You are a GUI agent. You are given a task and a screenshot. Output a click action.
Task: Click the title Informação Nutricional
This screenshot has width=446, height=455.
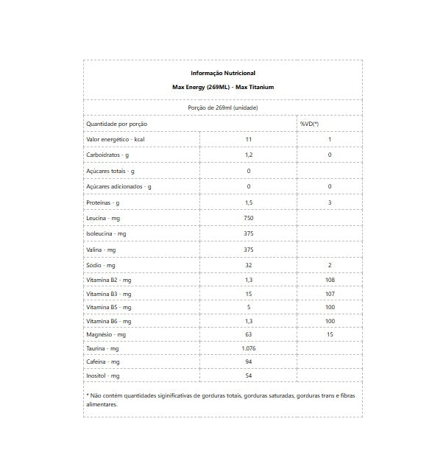pyautogui.click(x=223, y=73)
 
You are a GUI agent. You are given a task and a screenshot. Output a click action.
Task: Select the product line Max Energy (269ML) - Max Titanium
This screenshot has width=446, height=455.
pyautogui.click(x=223, y=87)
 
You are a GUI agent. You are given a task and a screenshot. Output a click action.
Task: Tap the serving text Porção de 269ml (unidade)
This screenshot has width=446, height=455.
pyautogui.click(x=223, y=107)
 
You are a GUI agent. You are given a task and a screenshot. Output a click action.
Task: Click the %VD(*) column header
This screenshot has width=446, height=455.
pyautogui.click(x=309, y=124)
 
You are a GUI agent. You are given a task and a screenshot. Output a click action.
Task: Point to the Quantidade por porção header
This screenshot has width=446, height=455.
pyautogui.click(x=117, y=124)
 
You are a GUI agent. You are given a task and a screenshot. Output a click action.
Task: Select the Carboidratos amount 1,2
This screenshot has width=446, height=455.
pyautogui.click(x=249, y=155)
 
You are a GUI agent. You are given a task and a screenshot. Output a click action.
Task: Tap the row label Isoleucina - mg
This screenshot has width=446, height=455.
pyautogui.click(x=107, y=233)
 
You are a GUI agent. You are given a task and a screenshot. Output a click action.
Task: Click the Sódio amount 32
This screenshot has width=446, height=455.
pyautogui.click(x=249, y=265)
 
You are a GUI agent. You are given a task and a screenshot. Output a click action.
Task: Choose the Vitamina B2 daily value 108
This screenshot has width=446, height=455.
pyautogui.click(x=330, y=281)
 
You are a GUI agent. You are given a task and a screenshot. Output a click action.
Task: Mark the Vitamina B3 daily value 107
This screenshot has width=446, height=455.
pyautogui.click(x=330, y=294)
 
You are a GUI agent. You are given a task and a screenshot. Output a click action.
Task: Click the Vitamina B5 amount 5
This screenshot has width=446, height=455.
pyautogui.click(x=249, y=307)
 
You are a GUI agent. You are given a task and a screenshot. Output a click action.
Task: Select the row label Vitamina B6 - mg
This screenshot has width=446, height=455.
pyautogui.click(x=109, y=321)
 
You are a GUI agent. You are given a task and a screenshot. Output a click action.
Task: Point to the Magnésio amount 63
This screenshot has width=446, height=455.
pyautogui.click(x=249, y=335)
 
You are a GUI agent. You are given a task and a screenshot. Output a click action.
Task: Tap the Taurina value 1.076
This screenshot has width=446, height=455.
pyautogui.click(x=249, y=348)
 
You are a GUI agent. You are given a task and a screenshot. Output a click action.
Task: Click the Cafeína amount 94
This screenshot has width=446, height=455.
pyautogui.click(x=249, y=362)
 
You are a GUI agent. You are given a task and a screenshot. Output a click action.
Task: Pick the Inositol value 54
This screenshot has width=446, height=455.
pyautogui.click(x=249, y=375)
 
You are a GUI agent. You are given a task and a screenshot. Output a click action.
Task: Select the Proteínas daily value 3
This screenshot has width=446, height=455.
pyautogui.click(x=330, y=202)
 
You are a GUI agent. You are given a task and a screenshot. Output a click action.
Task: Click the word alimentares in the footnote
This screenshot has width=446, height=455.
pyautogui.click(x=102, y=404)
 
